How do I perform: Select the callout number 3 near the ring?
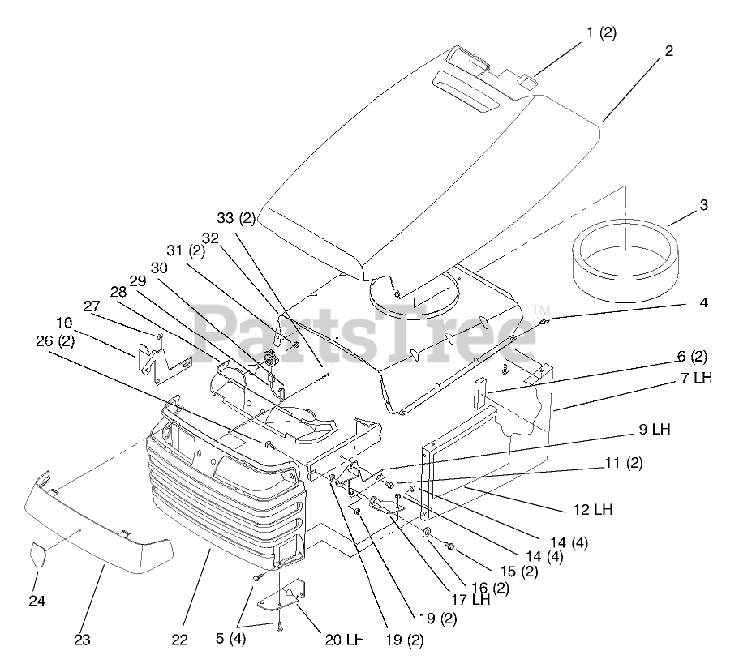(x=703, y=205)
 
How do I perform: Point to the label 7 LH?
(x=697, y=379)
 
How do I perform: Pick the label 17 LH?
(x=470, y=601)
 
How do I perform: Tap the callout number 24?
(x=37, y=601)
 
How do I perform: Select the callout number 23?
(x=82, y=640)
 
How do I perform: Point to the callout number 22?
(x=179, y=640)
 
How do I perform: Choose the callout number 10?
(x=64, y=323)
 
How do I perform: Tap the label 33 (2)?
(x=236, y=218)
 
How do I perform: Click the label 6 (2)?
(x=669, y=356)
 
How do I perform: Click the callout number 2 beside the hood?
(x=668, y=50)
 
